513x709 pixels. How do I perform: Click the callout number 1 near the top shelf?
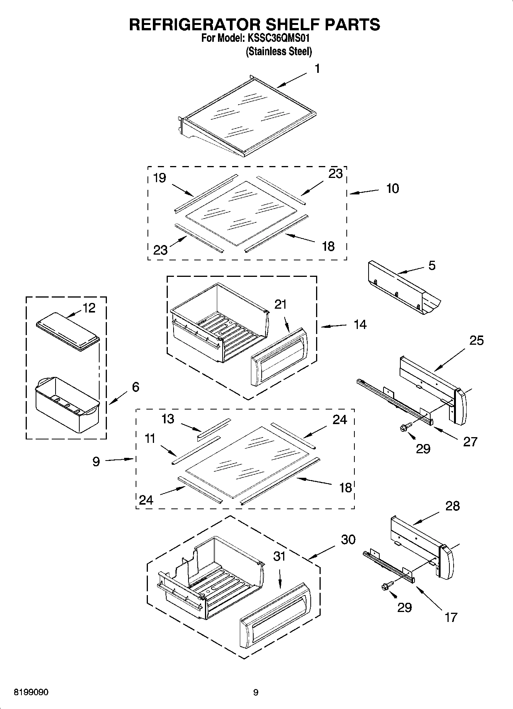317,69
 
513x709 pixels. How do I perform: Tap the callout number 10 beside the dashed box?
392,188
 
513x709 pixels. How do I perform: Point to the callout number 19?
159,178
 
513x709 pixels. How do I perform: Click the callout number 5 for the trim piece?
432,265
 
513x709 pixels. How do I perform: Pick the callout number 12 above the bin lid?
89,308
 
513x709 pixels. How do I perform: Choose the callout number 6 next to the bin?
136,387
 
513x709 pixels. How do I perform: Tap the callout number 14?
360,324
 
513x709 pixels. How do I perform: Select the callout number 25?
476,340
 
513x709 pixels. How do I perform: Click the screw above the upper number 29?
406,427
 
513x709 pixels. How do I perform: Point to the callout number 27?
470,441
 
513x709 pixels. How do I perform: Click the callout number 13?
168,419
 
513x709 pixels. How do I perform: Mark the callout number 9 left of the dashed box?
96,461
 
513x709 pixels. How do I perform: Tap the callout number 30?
348,539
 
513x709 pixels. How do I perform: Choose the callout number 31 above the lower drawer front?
279,556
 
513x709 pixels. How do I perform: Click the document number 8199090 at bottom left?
31,692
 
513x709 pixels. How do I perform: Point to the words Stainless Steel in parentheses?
279,51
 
